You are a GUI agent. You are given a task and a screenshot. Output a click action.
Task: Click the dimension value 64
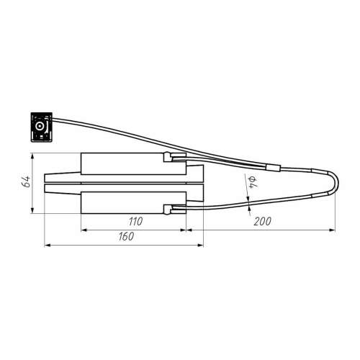pos(27,181)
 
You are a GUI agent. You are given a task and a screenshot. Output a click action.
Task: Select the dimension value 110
pos(135,221)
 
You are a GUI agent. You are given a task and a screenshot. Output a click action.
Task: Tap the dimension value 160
pos(126,236)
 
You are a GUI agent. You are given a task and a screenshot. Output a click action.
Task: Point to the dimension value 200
pos(262,221)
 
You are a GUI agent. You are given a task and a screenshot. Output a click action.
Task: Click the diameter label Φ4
pos(253,182)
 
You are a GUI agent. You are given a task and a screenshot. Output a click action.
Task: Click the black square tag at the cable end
pos(42,127)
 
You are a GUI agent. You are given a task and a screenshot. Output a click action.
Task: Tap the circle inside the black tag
pos(39,126)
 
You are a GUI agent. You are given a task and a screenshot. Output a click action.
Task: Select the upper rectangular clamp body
pos(133,163)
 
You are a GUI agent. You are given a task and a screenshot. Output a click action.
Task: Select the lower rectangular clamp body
pos(133,202)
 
